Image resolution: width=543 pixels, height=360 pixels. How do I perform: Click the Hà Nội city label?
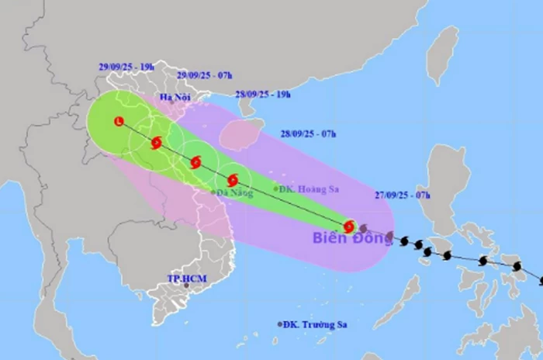(x=175, y=97)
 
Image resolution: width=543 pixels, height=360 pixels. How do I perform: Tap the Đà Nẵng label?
(x=235, y=193)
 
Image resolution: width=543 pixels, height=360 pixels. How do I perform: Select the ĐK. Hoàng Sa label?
(x=311, y=189)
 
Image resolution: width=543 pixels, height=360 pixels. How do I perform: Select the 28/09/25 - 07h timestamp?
(x=309, y=134)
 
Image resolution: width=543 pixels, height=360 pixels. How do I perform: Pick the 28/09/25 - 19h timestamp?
(x=264, y=95)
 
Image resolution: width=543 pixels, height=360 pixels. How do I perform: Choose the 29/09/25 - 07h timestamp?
(x=203, y=75)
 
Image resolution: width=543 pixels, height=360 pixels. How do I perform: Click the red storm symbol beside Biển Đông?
(x=349, y=227)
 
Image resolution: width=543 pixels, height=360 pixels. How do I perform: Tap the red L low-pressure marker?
(x=118, y=121)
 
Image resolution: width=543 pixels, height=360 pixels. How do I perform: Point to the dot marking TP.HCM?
(x=186, y=286)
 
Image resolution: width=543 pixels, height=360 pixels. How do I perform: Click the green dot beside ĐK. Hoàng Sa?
(x=276, y=189)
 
